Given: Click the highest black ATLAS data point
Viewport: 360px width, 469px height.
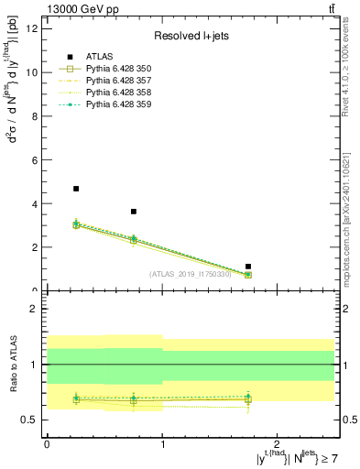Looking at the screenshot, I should (76, 189).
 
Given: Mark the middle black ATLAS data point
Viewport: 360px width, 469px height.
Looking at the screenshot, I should (134, 212).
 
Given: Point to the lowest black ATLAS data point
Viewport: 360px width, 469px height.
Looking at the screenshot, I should (248, 267).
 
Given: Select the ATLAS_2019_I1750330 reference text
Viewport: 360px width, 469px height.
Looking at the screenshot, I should (191, 274).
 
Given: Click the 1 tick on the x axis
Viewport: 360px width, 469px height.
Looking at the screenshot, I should (163, 443).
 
